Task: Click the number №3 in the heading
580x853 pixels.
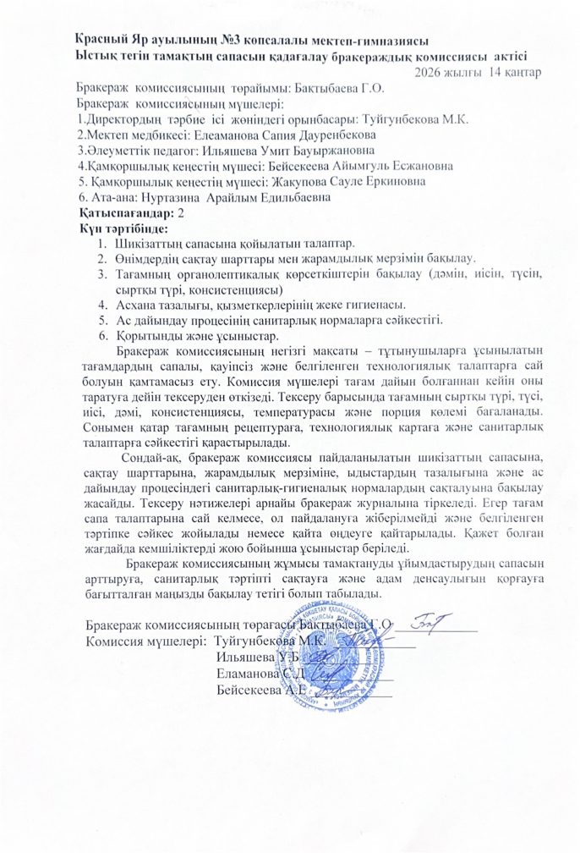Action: tap(233, 40)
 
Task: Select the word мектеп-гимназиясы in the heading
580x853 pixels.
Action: tap(373, 40)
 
